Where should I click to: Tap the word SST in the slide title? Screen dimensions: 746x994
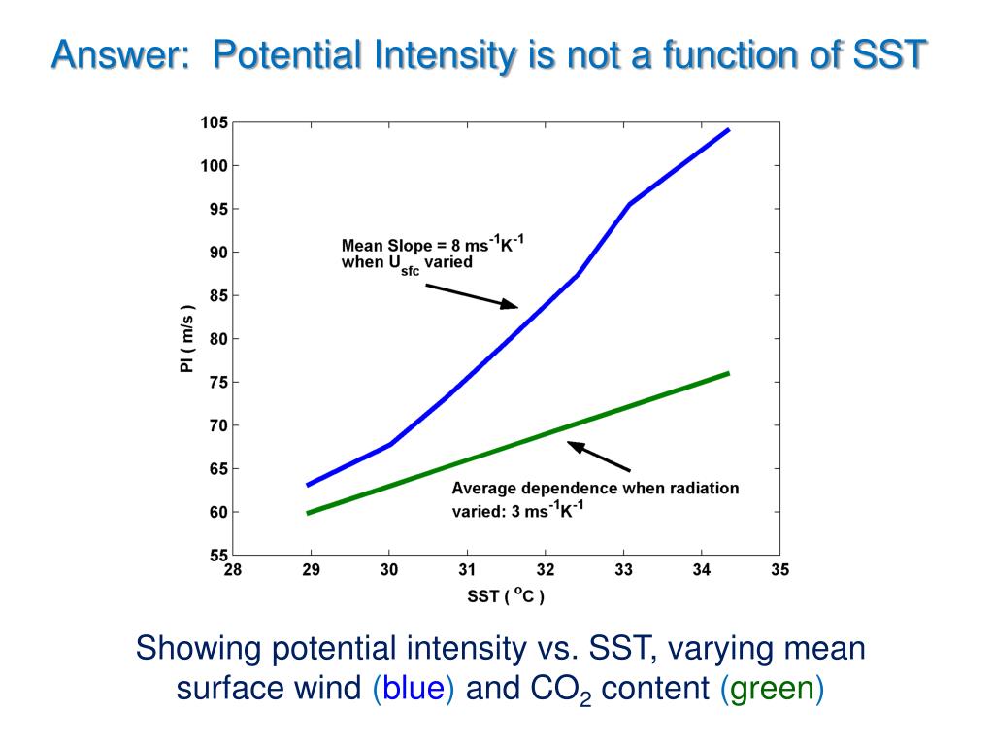[x=889, y=54]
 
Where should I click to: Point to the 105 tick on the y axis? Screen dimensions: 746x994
[x=215, y=123]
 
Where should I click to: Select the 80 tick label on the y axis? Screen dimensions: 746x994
[x=218, y=339]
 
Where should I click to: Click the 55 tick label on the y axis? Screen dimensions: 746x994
[x=218, y=556]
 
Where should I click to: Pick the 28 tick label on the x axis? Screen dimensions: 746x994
[x=233, y=571]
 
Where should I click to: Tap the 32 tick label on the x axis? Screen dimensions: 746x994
[x=546, y=571]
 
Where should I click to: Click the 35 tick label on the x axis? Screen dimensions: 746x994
[x=780, y=571]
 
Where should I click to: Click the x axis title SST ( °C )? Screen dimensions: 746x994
[x=506, y=596]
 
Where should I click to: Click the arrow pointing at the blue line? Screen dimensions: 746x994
[x=473, y=295]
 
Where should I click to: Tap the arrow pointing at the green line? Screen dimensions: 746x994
[x=599, y=458]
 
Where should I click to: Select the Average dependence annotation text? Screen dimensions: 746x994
[x=594, y=498]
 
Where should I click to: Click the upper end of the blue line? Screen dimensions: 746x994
[x=727, y=129]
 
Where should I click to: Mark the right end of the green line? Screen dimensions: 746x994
[x=727, y=373]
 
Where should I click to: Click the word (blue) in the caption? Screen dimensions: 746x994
[x=413, y=688]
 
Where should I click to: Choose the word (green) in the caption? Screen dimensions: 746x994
[x=772, y=688]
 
